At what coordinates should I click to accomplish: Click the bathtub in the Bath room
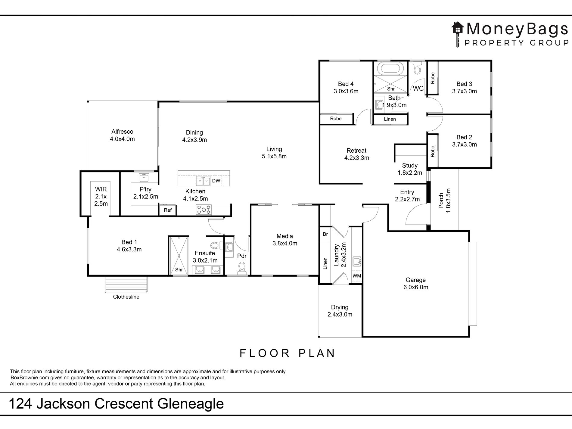[390, 68]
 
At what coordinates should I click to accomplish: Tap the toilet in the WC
[417, 68]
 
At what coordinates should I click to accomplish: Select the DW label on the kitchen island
[216, 181]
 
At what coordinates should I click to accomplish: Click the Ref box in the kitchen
[168, 210]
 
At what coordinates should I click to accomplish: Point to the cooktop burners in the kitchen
[204, 210]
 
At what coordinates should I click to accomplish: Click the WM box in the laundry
[356, 276]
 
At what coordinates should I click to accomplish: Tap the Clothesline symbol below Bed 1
[126, 284]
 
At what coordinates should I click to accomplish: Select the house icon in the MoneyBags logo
[458, 29]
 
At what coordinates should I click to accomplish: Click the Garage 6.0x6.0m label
[415, 284]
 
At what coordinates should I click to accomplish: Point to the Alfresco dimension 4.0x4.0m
[122, 139]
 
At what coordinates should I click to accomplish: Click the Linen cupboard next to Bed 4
[390, 119]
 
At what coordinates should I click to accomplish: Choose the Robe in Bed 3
[433, 78]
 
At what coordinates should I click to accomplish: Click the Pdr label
[242, 256]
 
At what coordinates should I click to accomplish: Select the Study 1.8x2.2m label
[410, 169]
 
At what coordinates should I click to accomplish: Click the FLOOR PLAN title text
[287, 353]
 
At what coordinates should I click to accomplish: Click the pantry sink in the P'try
[144, 178]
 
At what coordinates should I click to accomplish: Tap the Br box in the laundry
[325, 234]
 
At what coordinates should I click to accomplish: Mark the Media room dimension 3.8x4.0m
[285, 244]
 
